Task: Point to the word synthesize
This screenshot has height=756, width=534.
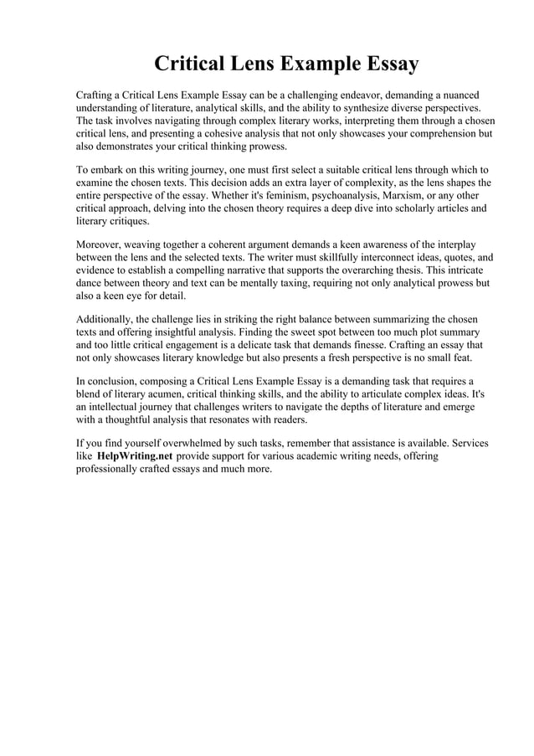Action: coord(340,108)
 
